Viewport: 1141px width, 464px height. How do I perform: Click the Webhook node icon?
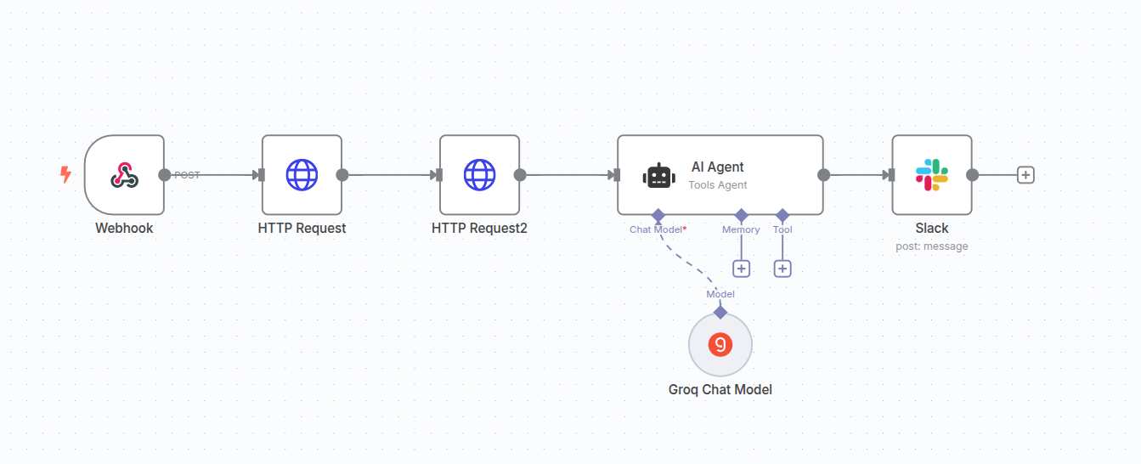(x=124, y=175)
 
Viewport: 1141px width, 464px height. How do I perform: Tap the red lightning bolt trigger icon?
(x=65, y=175)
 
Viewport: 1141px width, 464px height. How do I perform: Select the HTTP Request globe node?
(x=302, y=175)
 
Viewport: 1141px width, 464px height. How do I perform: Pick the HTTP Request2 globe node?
(x=479, y=175)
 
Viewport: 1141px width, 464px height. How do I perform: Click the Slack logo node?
(x=932, y=175)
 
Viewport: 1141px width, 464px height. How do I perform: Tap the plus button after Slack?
(x=1025, y=175)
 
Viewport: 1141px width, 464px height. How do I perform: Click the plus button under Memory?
(x=741, y=269)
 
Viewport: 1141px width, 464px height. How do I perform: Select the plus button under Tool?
(x=782, y=269)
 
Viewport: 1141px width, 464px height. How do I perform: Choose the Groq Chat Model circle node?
(x=720, y=344)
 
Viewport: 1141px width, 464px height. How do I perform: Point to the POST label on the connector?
(x=187, y=175)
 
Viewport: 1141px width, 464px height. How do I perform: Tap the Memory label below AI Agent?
(x=741, y=229)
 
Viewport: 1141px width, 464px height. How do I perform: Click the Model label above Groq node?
(x=720, y=294)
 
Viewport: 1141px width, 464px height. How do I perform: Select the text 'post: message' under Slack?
(x=932, y=246)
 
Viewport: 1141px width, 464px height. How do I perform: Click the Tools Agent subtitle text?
(x=718, y=185)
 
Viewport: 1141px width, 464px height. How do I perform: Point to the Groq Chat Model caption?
(x=720, y=390)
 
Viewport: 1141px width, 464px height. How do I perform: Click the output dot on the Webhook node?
(x=165, y=175)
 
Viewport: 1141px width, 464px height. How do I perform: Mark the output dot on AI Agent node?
(x=823, y=175)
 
